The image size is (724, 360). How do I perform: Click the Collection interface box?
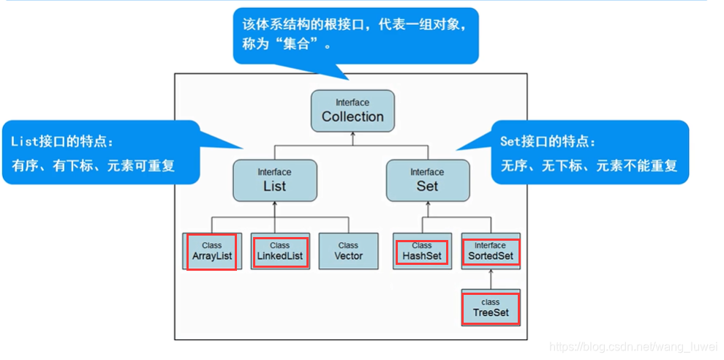(x=352, y=110)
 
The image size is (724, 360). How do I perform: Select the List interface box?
(x=274, y=180)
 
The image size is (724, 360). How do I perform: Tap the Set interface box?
(x=427, y=180)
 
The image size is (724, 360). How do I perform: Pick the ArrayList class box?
(x=211, y=252)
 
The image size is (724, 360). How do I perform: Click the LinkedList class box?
(x=279, y=252)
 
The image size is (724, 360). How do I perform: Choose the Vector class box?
(x=348, y=252)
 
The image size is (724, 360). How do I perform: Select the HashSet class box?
(x=421, y=252)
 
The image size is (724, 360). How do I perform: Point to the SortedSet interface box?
(x=490, y=252)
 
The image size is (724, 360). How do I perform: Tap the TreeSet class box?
(x=491, y=308)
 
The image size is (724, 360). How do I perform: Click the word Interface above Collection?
(x=352, y=102)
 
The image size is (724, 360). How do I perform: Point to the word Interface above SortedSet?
(x=490, y=245)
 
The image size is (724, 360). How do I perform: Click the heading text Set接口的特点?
(x=548, y=141)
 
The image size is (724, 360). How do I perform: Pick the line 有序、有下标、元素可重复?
(x=93, y=166)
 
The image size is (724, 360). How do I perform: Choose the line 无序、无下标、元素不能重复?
(x=589, y=166)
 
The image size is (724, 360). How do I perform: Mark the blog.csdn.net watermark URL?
(x=633, y=345)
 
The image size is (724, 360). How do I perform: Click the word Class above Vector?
(x=348, y=245)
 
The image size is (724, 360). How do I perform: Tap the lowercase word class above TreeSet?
(x=491, y=301)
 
